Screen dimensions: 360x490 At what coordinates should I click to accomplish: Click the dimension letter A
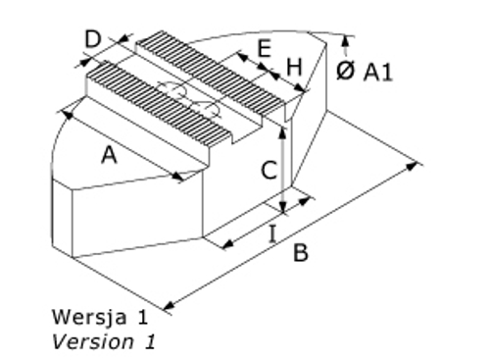110,155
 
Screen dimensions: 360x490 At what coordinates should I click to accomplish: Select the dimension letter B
302,253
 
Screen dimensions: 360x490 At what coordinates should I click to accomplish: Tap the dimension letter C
267,171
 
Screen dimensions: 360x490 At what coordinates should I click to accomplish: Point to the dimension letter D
93,40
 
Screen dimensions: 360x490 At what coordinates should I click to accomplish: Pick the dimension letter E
264,49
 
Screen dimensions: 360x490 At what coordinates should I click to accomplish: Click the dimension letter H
294,67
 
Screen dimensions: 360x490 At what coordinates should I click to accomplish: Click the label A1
379,72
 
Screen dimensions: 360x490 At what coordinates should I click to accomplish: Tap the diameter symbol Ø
345,72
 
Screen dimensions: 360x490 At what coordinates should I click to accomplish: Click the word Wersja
85,318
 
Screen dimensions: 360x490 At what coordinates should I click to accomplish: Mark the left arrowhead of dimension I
223,242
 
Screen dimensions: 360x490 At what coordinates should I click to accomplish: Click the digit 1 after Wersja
143,318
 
